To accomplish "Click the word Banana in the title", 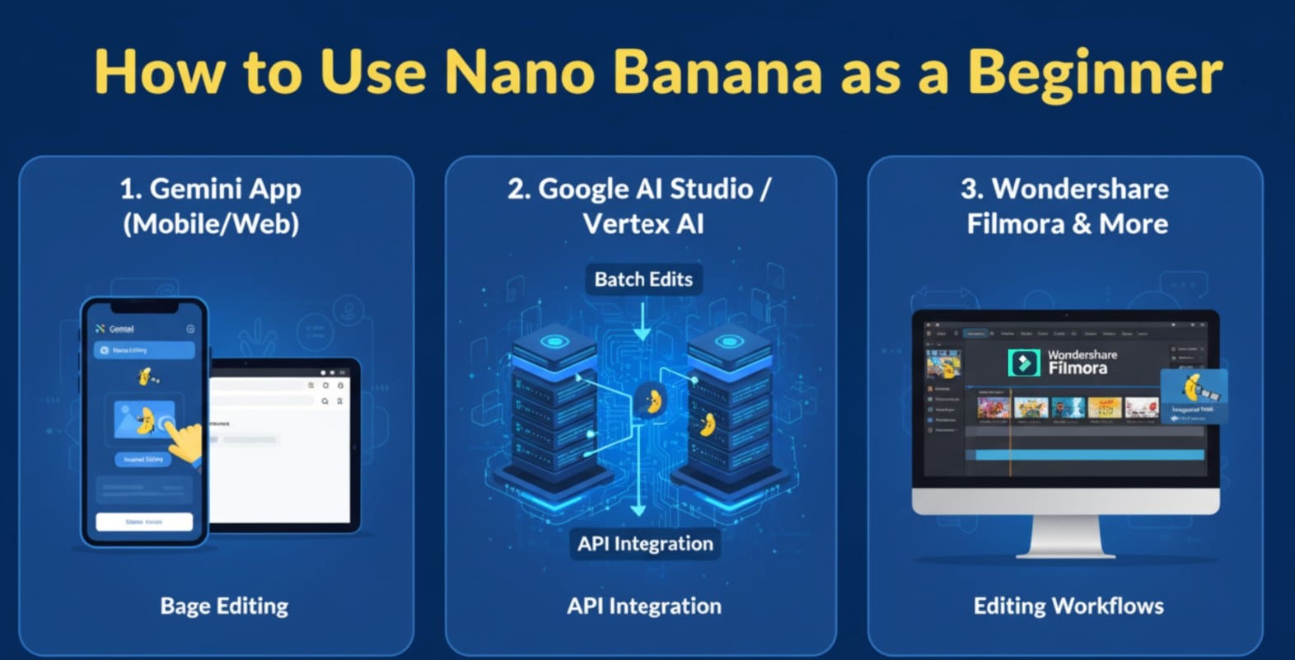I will pos(717,73).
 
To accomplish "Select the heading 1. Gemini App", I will pos(211,189).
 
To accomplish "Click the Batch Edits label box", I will pos(643,279).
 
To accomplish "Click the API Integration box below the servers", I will pos(645,544).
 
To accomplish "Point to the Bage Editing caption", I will pos(224,606).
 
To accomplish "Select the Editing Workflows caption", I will pos(1068,606).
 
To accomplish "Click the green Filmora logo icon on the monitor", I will pos(1024,363).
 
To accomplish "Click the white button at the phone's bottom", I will pos(144,522).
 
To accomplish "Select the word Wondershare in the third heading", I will pos(1080,189).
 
